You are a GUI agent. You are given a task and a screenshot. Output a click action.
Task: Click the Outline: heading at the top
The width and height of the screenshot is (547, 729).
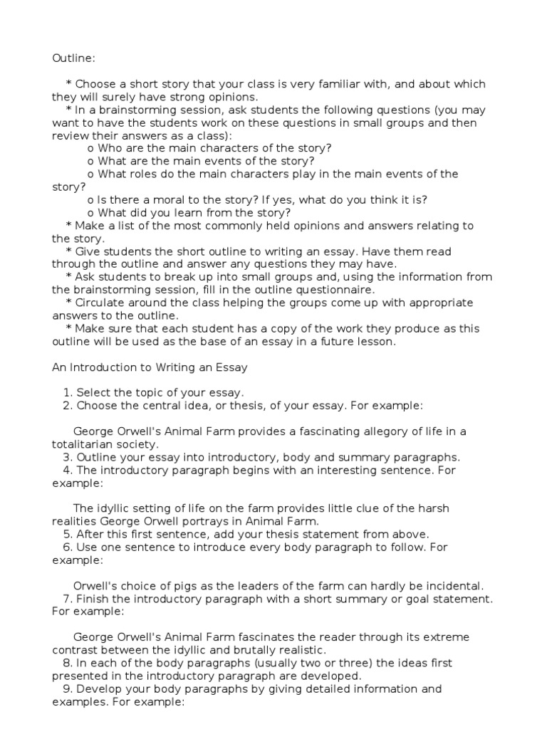click(73, 58)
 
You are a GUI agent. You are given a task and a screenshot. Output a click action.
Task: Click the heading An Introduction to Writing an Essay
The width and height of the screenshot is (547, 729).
click(150, 367)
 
